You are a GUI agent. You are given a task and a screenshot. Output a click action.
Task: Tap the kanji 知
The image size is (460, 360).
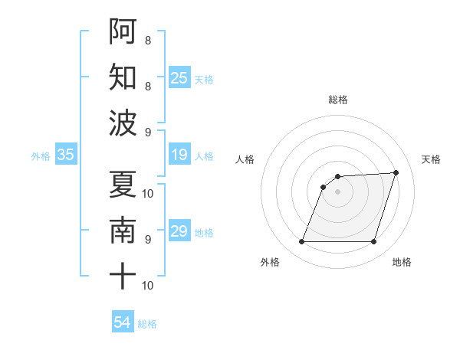pos(123,77)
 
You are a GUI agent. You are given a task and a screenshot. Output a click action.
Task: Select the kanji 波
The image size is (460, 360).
pos(123,123)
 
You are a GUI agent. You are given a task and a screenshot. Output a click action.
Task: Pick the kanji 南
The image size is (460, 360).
pos(123,230)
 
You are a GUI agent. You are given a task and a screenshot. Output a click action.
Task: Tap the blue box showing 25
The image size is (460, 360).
pos(179,78)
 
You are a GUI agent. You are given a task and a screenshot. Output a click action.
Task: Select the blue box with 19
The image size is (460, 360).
pos(179,155)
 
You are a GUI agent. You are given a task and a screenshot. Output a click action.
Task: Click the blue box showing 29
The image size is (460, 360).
pos(179,231)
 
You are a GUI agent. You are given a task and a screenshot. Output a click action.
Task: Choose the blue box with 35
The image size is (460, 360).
pos(66,155)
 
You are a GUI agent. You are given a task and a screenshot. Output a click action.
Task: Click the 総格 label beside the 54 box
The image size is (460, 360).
pos(147,324)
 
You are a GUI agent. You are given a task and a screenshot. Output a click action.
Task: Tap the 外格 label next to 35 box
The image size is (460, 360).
pos(41,156)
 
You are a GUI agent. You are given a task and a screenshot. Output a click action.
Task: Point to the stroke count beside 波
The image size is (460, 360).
pos(148,132)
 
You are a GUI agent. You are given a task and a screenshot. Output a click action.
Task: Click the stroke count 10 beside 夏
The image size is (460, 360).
pos(148,193)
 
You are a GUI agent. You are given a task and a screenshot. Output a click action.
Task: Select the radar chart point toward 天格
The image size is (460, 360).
pos(396,172)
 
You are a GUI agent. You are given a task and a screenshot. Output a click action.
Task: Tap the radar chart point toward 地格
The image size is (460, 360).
pos(374,242)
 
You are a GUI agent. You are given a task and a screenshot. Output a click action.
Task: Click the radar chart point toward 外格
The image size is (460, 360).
pos(301,242)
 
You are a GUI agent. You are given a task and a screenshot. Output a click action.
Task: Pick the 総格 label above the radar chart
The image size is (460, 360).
pos(338,100)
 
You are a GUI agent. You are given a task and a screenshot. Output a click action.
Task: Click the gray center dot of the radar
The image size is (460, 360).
pos(338,191)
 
